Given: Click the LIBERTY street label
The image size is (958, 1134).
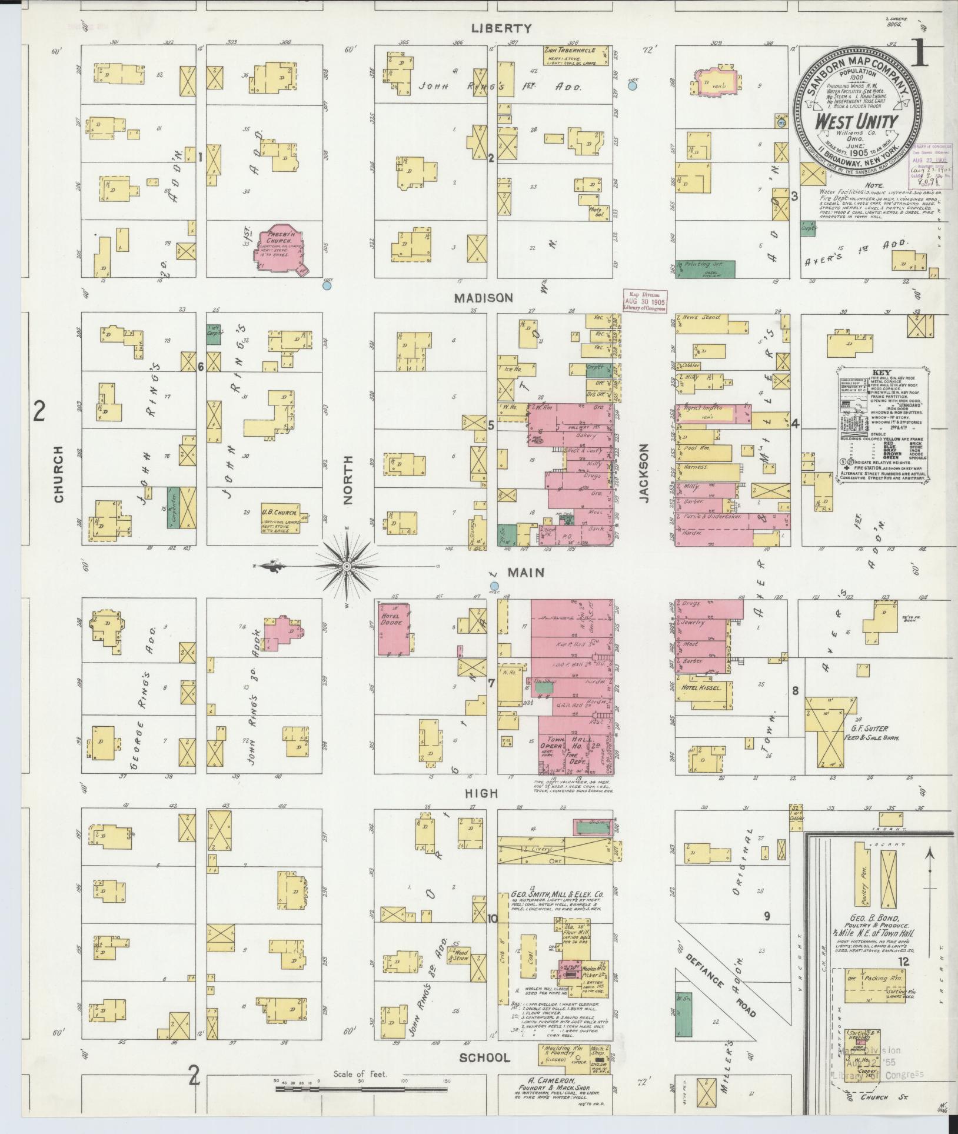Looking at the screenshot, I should pyautogui.click(x=501, y=28).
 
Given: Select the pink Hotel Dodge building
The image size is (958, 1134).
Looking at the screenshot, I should pyautogui.click(x=394, y=628).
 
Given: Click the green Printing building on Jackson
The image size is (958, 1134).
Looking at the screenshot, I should pyautogui.click(x=705, y=269).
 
